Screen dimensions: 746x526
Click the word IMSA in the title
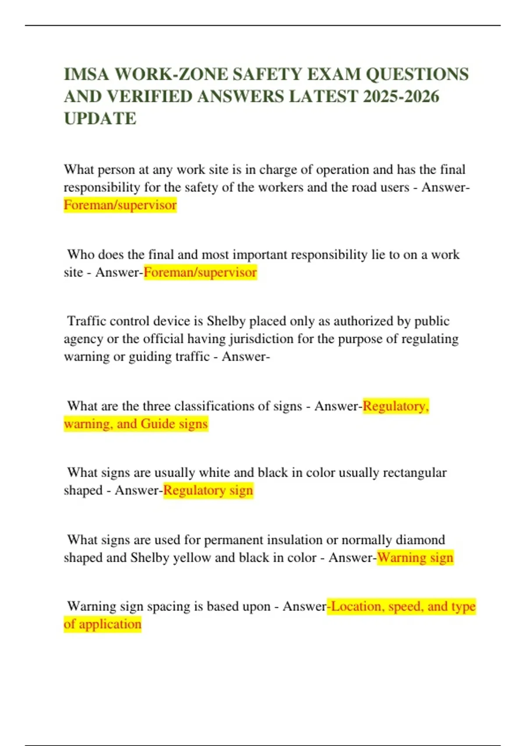tap(86, 74)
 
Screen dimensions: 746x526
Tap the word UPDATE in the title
tap(100, 118)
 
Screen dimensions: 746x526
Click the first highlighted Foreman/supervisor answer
tap(120, 205)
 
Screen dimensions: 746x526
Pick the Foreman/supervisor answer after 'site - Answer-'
tap(200, 273)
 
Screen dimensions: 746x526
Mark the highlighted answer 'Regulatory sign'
tap(208, 491)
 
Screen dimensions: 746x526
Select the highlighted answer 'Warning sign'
tap(415, 558)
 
